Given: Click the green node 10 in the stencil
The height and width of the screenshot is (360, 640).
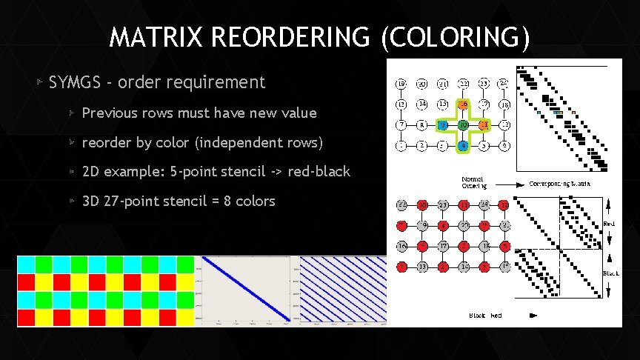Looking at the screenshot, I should pyautogui.click(x=461, y=125).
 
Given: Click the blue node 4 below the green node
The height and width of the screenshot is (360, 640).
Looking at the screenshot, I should pyautogui.click(x=461, y=146).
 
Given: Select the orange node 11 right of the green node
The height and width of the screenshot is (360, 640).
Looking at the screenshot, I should pyautogui.click(x=482, y=125).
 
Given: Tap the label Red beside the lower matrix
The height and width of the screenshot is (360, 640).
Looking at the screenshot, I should pyautogui.click(x=610, y=221).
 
